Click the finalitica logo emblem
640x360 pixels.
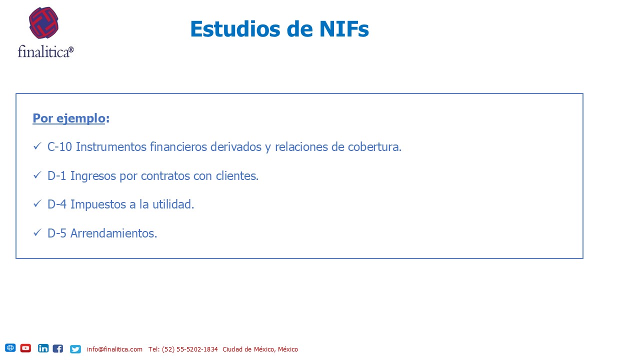pyautogui.click(x=43, y=23)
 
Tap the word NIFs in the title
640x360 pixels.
pyautogui.click(x=344, y=29)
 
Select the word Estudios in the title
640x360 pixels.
pyautogui.click(x=235, y=29)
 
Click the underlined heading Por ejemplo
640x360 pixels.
pyautogui.click(x=69, y=118)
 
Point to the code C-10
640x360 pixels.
pyautogui.click(x=59, y=147)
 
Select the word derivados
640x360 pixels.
pyautogui.click(x=235, y=147)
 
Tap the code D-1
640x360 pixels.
pyautogui.click(x=57, y=175)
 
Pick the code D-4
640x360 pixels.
pyautogui.click(x=57, y=204)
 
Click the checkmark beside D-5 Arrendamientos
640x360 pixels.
pyautogui.click(x=37, y=232)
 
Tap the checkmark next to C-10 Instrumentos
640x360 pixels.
pyautogui.click(x=37, y=146)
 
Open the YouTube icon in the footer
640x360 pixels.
pyautogui.click(x=25, y=348)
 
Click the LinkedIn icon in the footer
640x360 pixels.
pyautogui.click(x=43, y=348)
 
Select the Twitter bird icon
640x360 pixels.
pyautogui.click(x=75, y=349)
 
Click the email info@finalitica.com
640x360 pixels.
pyautogui.click(x=114, y=349)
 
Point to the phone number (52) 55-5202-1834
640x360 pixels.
pyautogui.click(x=189, y=349)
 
